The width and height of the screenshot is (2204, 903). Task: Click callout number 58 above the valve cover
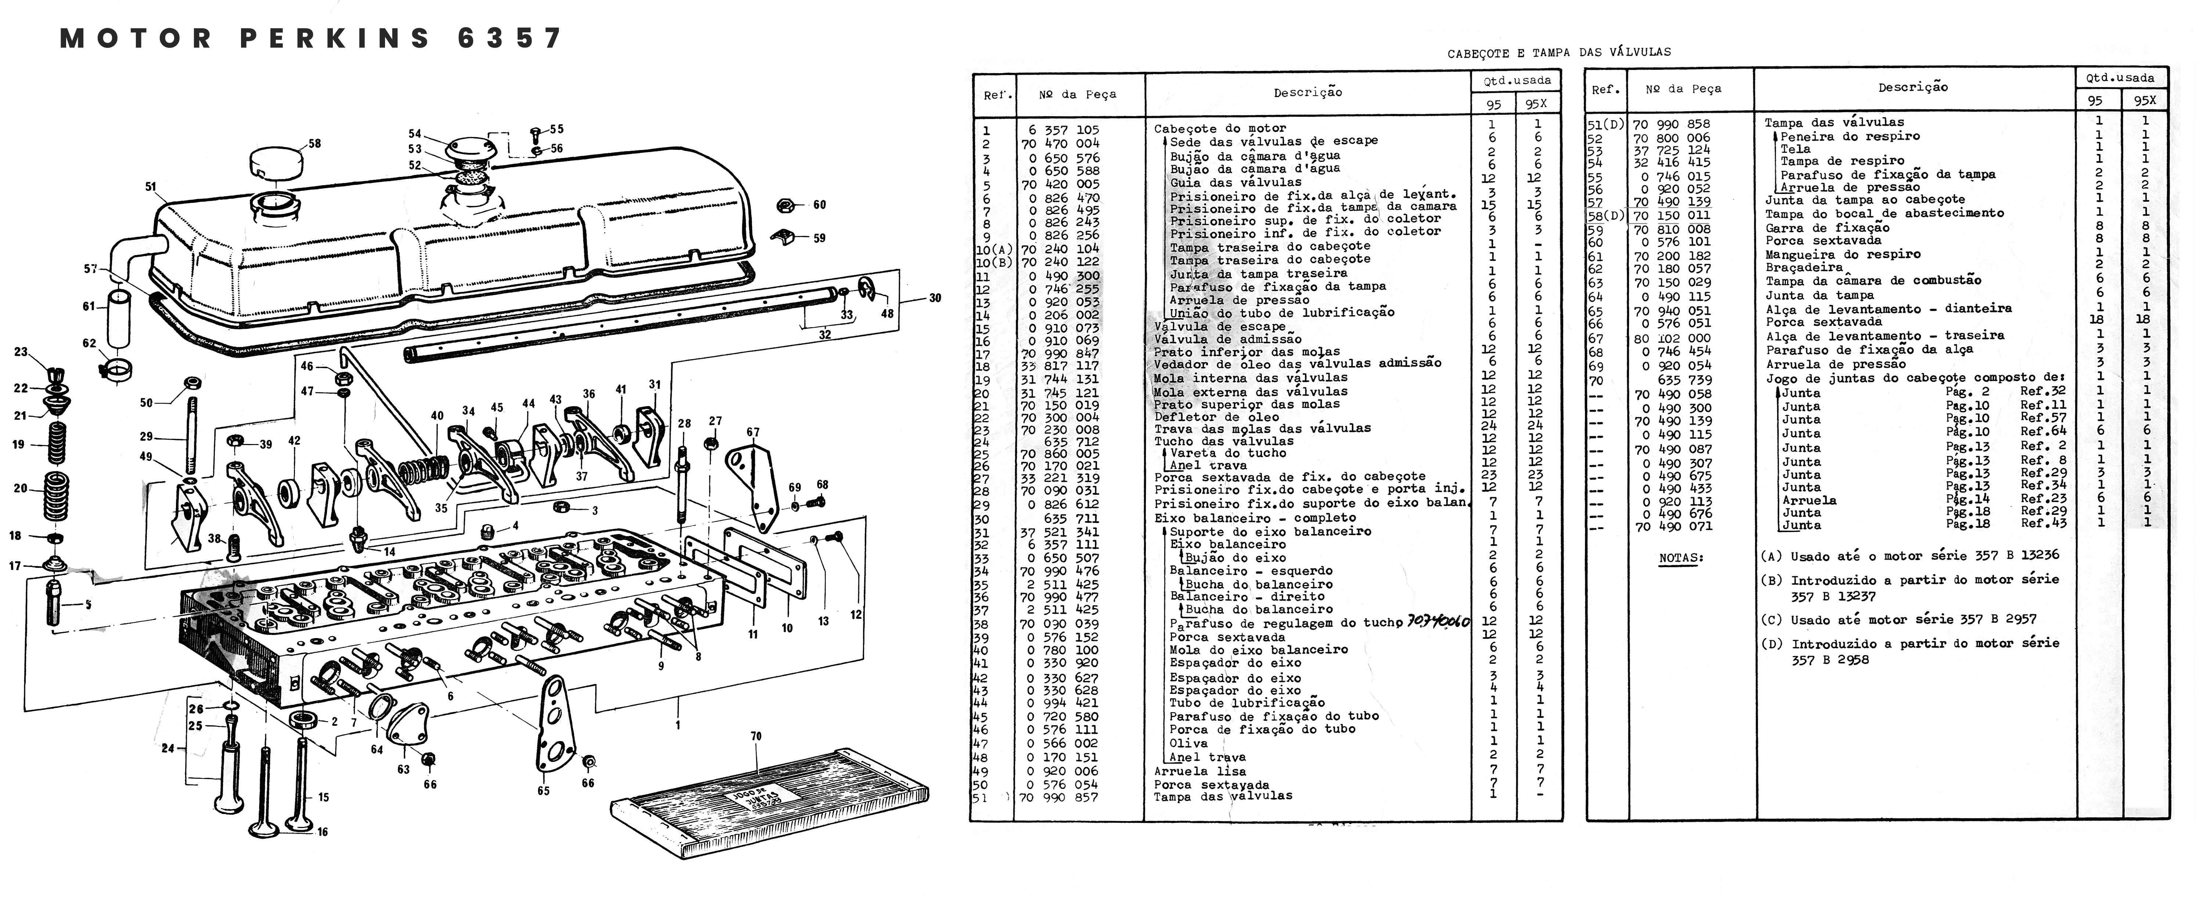click(315, 144)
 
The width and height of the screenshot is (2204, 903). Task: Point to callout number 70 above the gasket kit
click(755, 736)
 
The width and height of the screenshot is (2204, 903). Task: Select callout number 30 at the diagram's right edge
click(935, 298)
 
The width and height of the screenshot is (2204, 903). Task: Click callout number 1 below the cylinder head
click(677, 725)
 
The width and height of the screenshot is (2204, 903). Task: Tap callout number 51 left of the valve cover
click(151, 187)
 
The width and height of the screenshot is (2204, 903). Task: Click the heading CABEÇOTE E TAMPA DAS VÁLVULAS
click(1559, 52)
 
